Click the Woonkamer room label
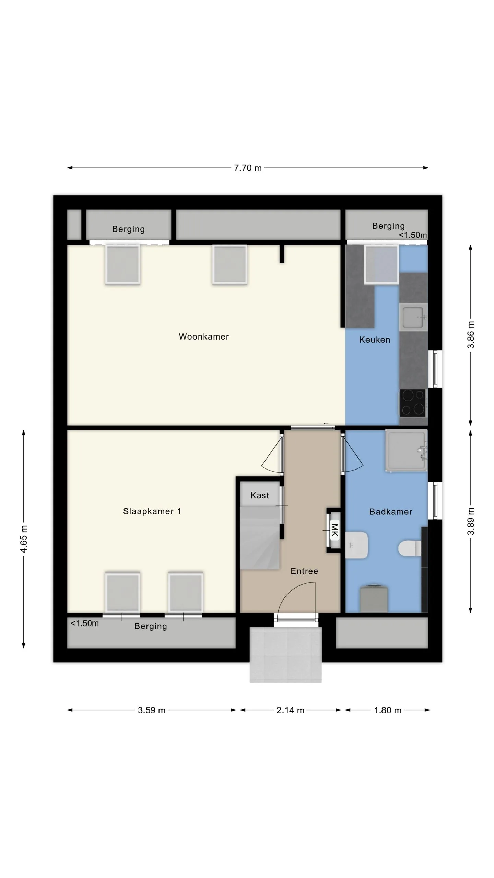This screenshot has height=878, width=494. point(204,336)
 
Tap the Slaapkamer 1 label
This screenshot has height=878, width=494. point(152,511)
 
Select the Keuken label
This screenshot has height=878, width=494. point(375,340)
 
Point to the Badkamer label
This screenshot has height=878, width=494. point(391,512)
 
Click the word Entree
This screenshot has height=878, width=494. point(304,571)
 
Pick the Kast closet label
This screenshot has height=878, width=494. point(260,495)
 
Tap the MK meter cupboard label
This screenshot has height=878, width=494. point(334,530)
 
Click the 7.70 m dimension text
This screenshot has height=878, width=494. point(248,168)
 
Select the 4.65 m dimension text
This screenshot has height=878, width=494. point(24,539)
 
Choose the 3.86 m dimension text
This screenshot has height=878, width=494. point(471,335)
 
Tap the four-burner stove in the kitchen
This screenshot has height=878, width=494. point(413,403)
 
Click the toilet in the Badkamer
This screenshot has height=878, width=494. point(410,548)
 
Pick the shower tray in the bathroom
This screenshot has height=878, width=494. point(407,450)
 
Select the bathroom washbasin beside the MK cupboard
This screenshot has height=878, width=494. point(356,545)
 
